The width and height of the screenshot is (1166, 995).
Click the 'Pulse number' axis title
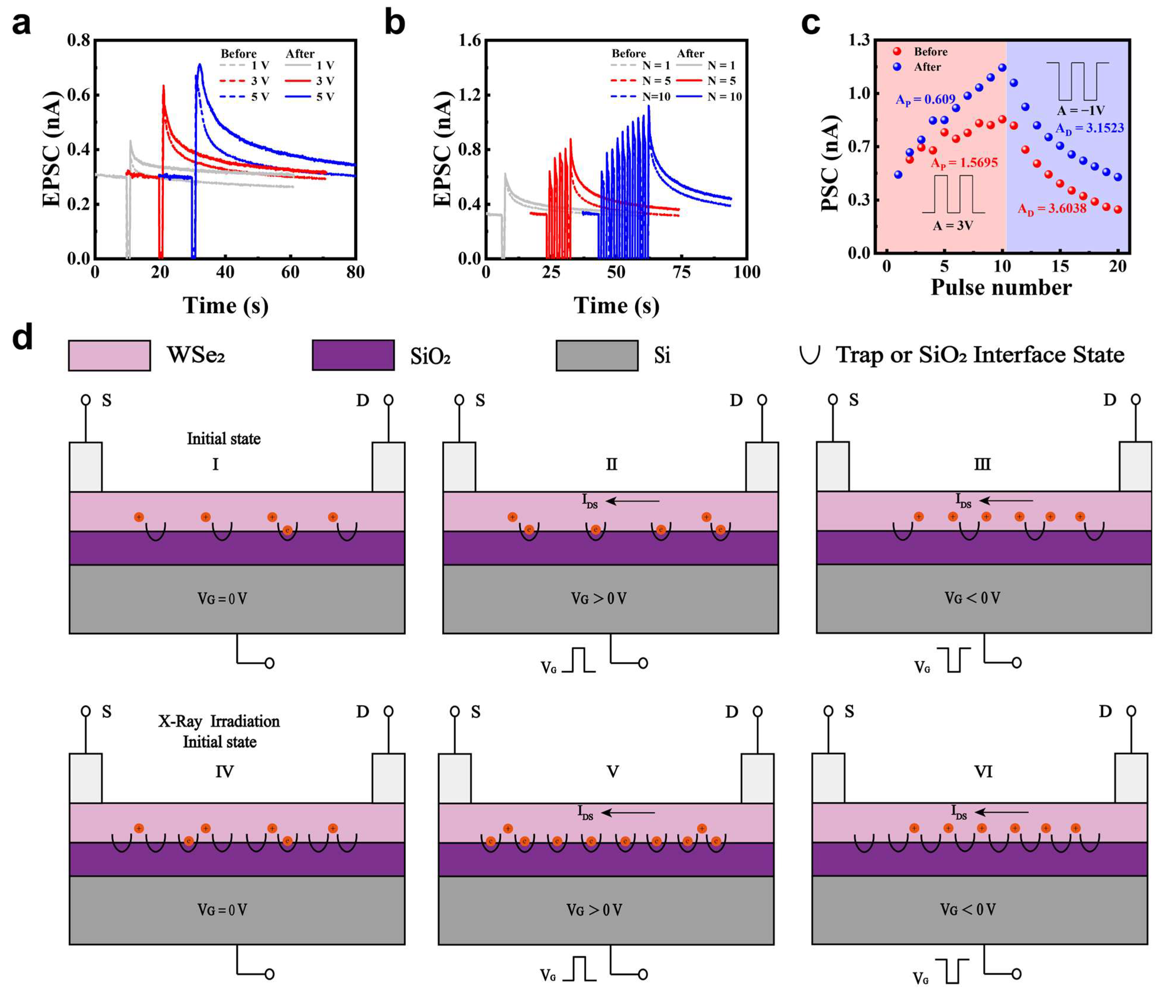[x=1001, y=288]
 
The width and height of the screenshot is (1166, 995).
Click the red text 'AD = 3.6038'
[x=1051, y=209]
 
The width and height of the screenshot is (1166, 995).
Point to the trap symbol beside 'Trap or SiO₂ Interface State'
[x=809, y=355]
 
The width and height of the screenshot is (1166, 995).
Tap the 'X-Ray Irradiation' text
[x=219, y=721]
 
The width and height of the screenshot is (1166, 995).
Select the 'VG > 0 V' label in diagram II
[x=599, y=598]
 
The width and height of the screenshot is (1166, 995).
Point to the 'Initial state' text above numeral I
[x=223, y=439]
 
